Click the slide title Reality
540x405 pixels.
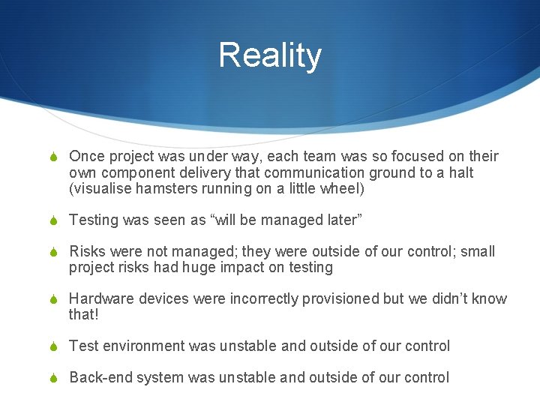tap(270, 56)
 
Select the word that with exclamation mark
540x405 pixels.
tap(83, 315)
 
